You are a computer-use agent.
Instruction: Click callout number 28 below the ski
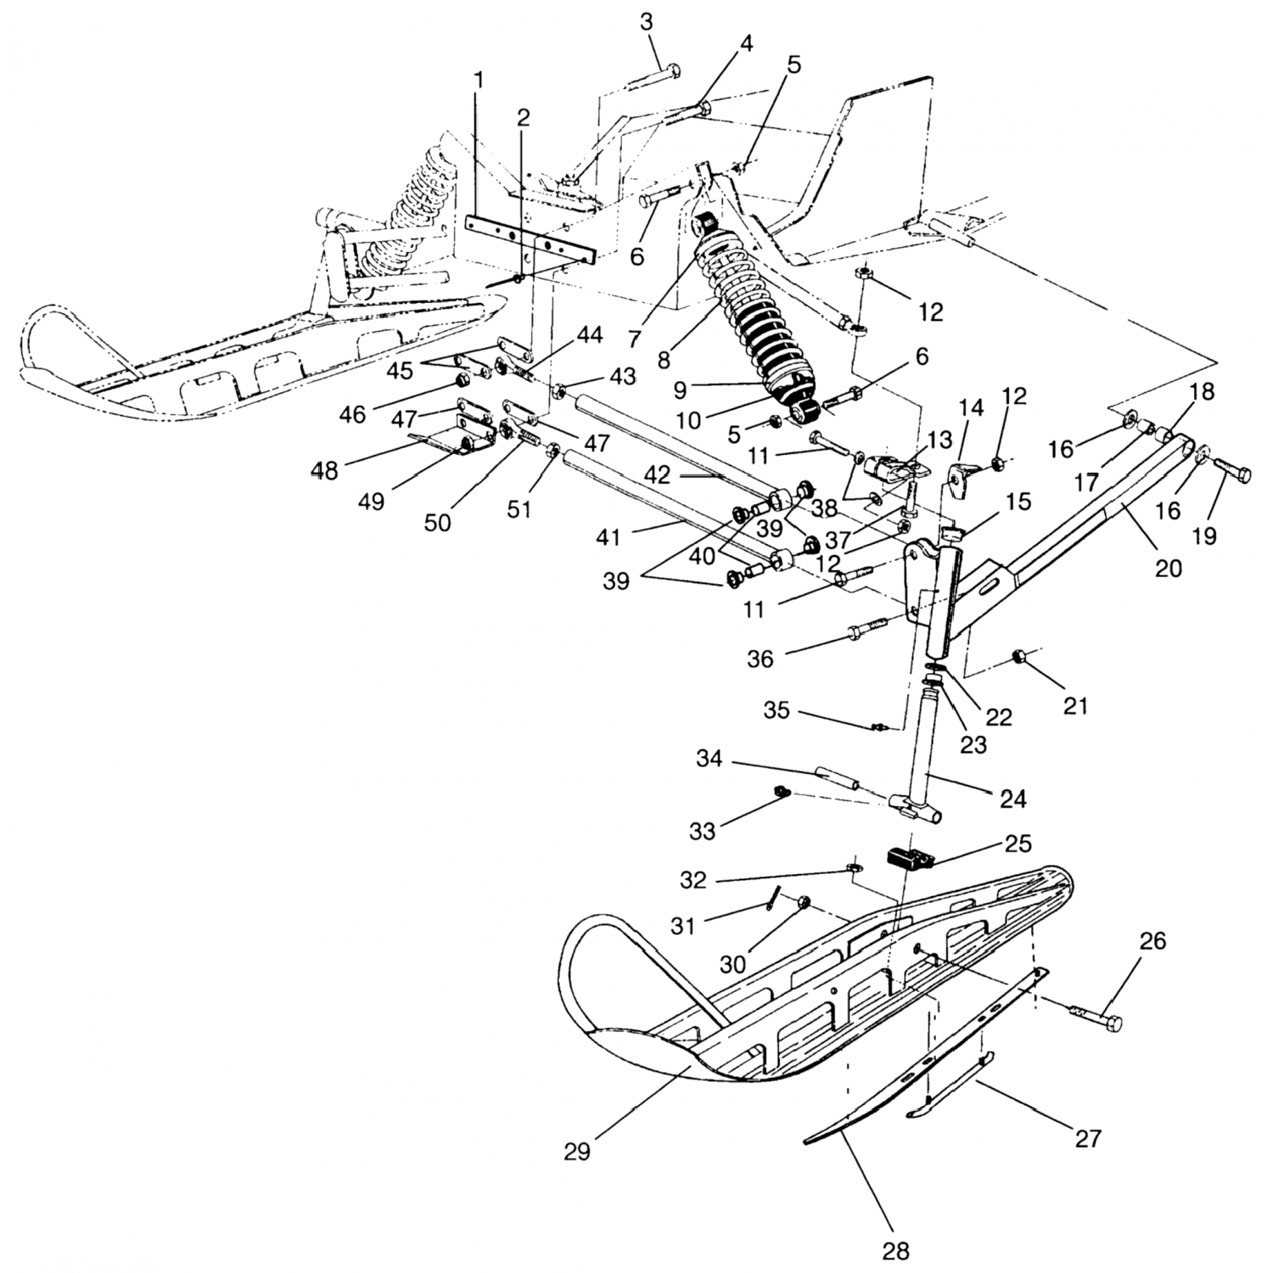tap(896, 1249)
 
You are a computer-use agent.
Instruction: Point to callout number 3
tap(647, 23)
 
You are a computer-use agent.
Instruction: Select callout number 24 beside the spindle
tap(1013, 798)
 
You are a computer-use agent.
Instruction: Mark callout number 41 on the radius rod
tap(608, 536)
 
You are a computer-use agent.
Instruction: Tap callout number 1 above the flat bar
tap(479, 81)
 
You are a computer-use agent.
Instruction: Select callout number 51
tap(519, 508)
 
